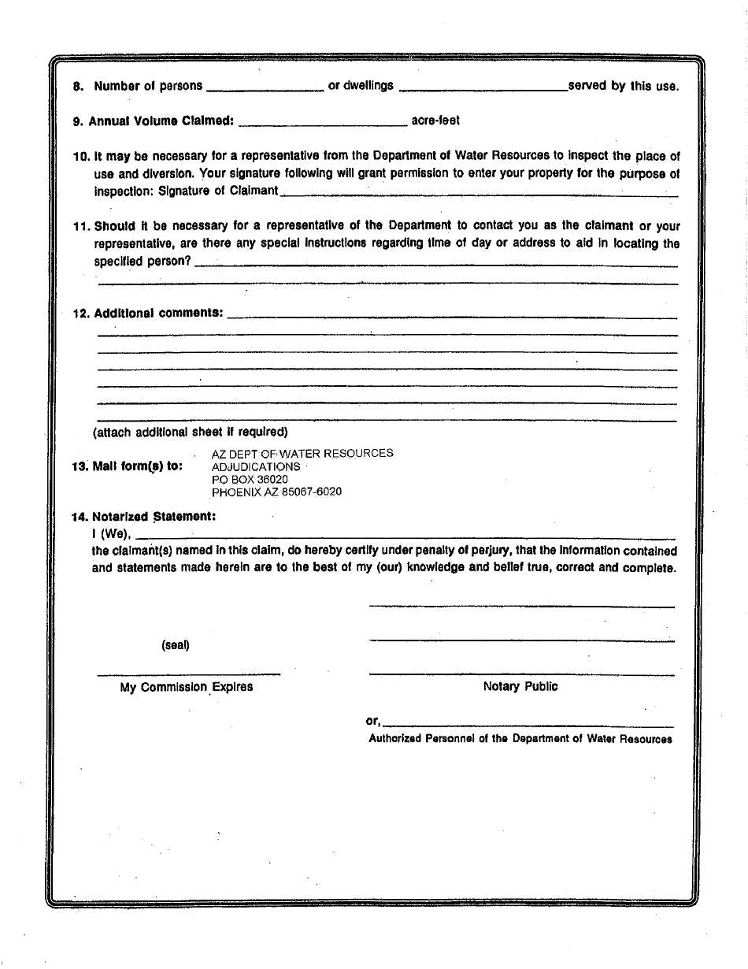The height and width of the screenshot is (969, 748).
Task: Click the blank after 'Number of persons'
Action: pyautogui.click(x=265, y=88)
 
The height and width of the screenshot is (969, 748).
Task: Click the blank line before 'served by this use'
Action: pyautogui.click(x=483, y=88)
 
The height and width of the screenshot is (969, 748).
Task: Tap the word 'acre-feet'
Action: pyautogui.click(x=435, y=121)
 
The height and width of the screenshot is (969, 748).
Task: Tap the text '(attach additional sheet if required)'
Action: pyautogui.click(x=191, y=432)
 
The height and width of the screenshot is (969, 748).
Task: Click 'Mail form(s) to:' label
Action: pyautogui.click(x=127, y=466)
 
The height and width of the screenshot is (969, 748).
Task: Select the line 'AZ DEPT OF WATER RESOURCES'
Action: pyautogui.click(x=302, y=453)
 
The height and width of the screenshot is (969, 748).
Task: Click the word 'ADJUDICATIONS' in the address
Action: pyautogui.click(x=256, y=466)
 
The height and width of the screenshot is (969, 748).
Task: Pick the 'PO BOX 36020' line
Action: pyautogui.click(x=250, y=479)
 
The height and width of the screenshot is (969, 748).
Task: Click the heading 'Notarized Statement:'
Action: pyautogui.click(x=154, y=518)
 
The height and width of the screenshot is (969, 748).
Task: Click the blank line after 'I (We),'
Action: pyautogui.click(x=405, y=536)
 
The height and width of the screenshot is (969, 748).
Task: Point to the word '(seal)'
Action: pyautogui.click(x=176, y=645)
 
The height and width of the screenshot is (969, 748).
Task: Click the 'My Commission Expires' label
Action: pyautogui.click(x=187, y=687)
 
